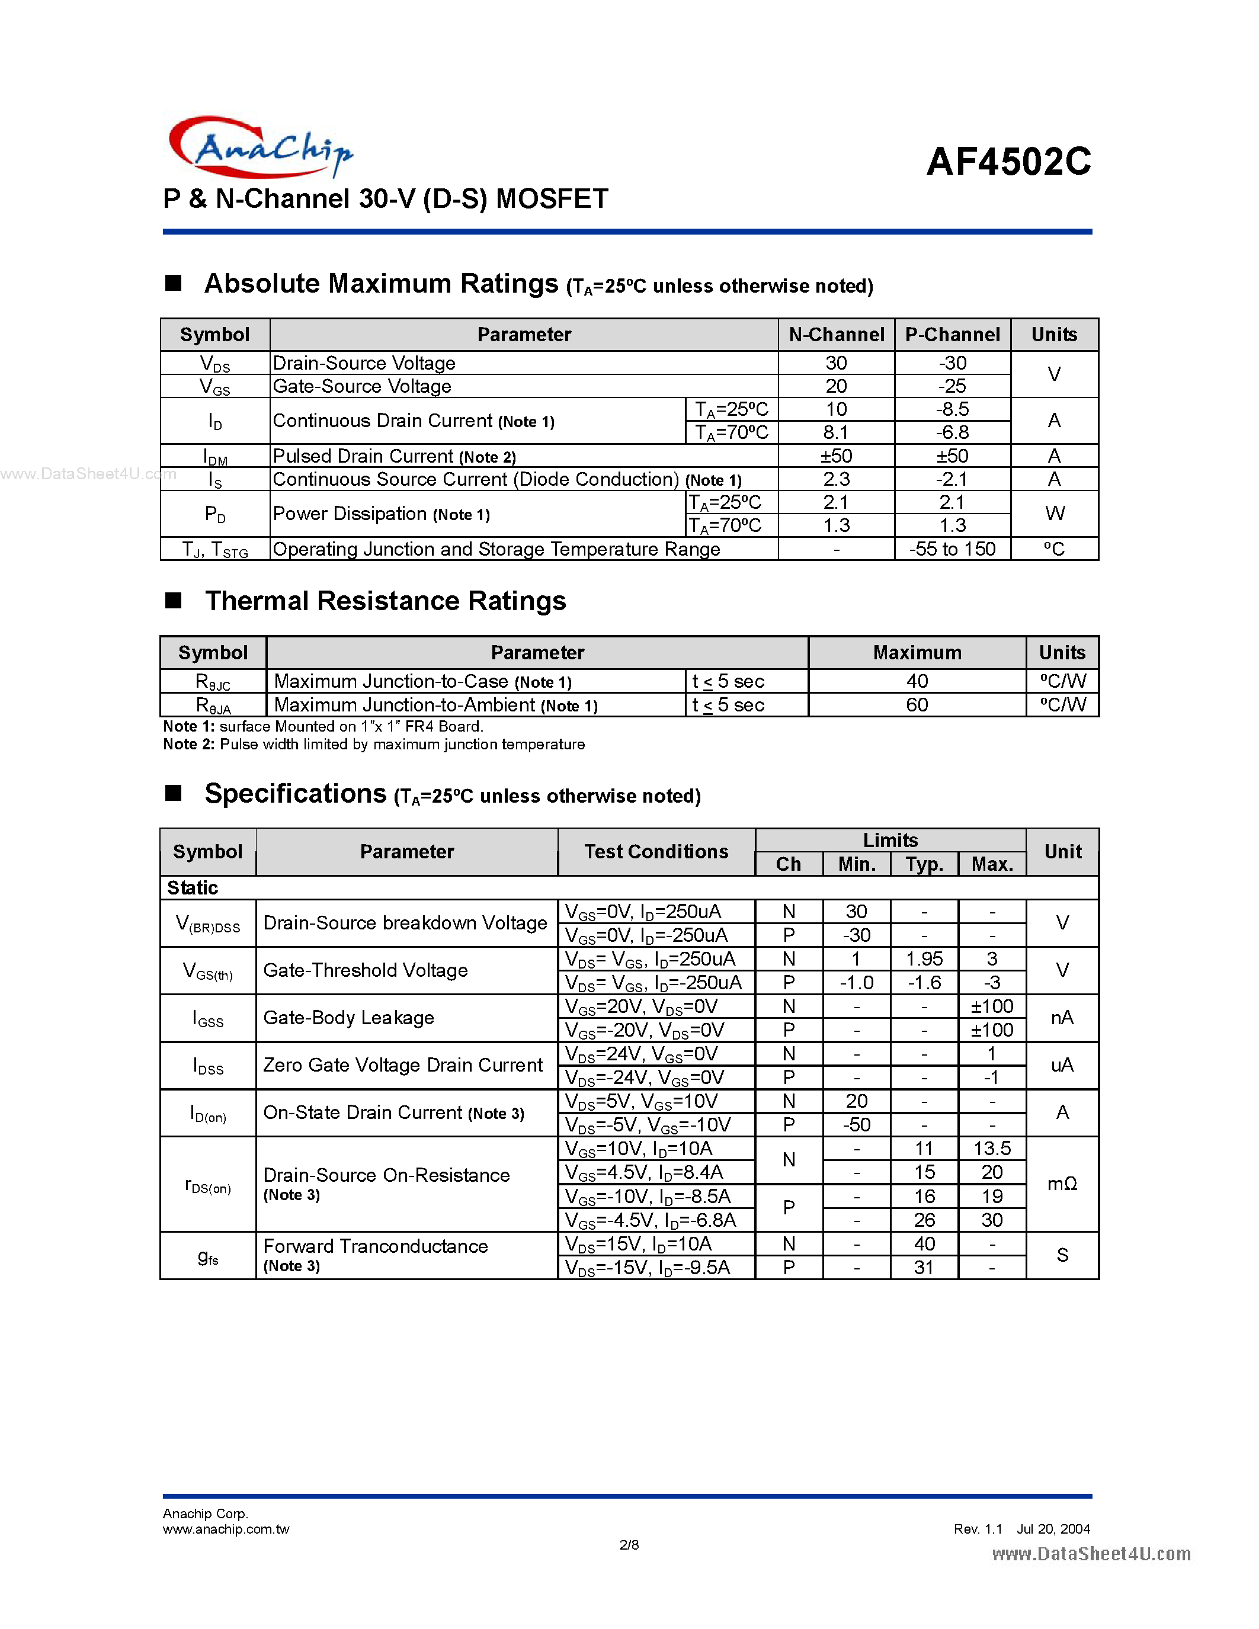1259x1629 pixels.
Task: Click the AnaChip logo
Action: pyautogui.click(x=260, y=147)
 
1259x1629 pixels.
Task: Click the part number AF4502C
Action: pyautogui.click(x=1008, y=162)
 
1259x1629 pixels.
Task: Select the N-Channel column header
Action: pyautogui.click(x=836, y=335)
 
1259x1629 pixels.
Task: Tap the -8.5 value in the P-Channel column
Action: pyautogui.click(x=953, y=409)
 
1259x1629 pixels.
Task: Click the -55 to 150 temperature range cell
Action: pyautogui.click(x=953, y=550)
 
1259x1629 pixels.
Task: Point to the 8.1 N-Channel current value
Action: pyautogui.click(x=835, y=432)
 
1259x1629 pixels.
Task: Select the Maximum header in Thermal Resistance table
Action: pyautogui.click(x=917, y=653)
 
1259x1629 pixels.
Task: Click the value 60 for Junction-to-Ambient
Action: pyautogui.click(x=917, y=705)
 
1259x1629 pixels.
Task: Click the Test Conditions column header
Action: pyautogui.click(x=656, y=852)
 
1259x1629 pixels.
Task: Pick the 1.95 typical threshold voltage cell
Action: pyautogui.click(x=924, y=959)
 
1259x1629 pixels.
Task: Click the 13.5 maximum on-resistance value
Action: pyautogui.click(x=991, y=1149)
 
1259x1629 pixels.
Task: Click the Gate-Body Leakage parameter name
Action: pyautogui.click(x=348, y=1018)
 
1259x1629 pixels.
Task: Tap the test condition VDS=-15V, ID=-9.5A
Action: pyautogui.click(x=648, y=1268)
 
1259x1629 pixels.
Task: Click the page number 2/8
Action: pyautogui.click(x=629, y=1545)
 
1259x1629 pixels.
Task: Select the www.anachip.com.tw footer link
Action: pyautogui.click(x=226, y=1529)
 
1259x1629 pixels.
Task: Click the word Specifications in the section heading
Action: pyautogui.click(x=296, y=794)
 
